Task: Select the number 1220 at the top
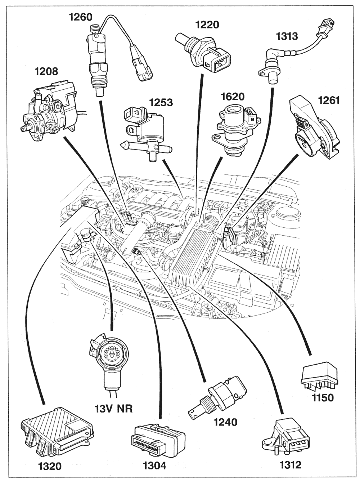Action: pyautogui.click(x=207, y=25)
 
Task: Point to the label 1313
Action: pyautogui.click(x=287, y=36)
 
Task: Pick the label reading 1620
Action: pyautogui.click(x=232, y=97)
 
